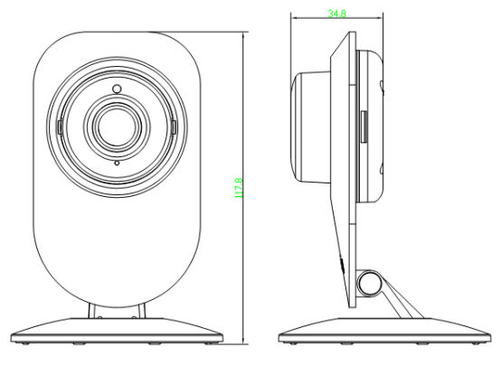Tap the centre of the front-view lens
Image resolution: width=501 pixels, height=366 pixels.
pyautogui.click(x=116, y=126)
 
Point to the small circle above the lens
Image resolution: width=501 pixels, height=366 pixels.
pyautogui.click(x=116, y=88)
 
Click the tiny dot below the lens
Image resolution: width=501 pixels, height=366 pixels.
pyautogui.click(x=116, y=164)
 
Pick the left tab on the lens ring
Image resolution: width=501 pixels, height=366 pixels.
pyautogui.click(x=59, y=126)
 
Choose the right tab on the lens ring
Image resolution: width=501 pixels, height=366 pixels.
pyautogui.click(x=173, y=126)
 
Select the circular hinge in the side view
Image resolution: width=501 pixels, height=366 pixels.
pyautogui.click(x=368, y=284)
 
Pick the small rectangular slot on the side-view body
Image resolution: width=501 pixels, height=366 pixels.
pyautogui.click(x=363, y=126)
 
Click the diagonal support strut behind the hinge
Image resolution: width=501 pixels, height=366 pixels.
pyautogui.click(x=403, y=298)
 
